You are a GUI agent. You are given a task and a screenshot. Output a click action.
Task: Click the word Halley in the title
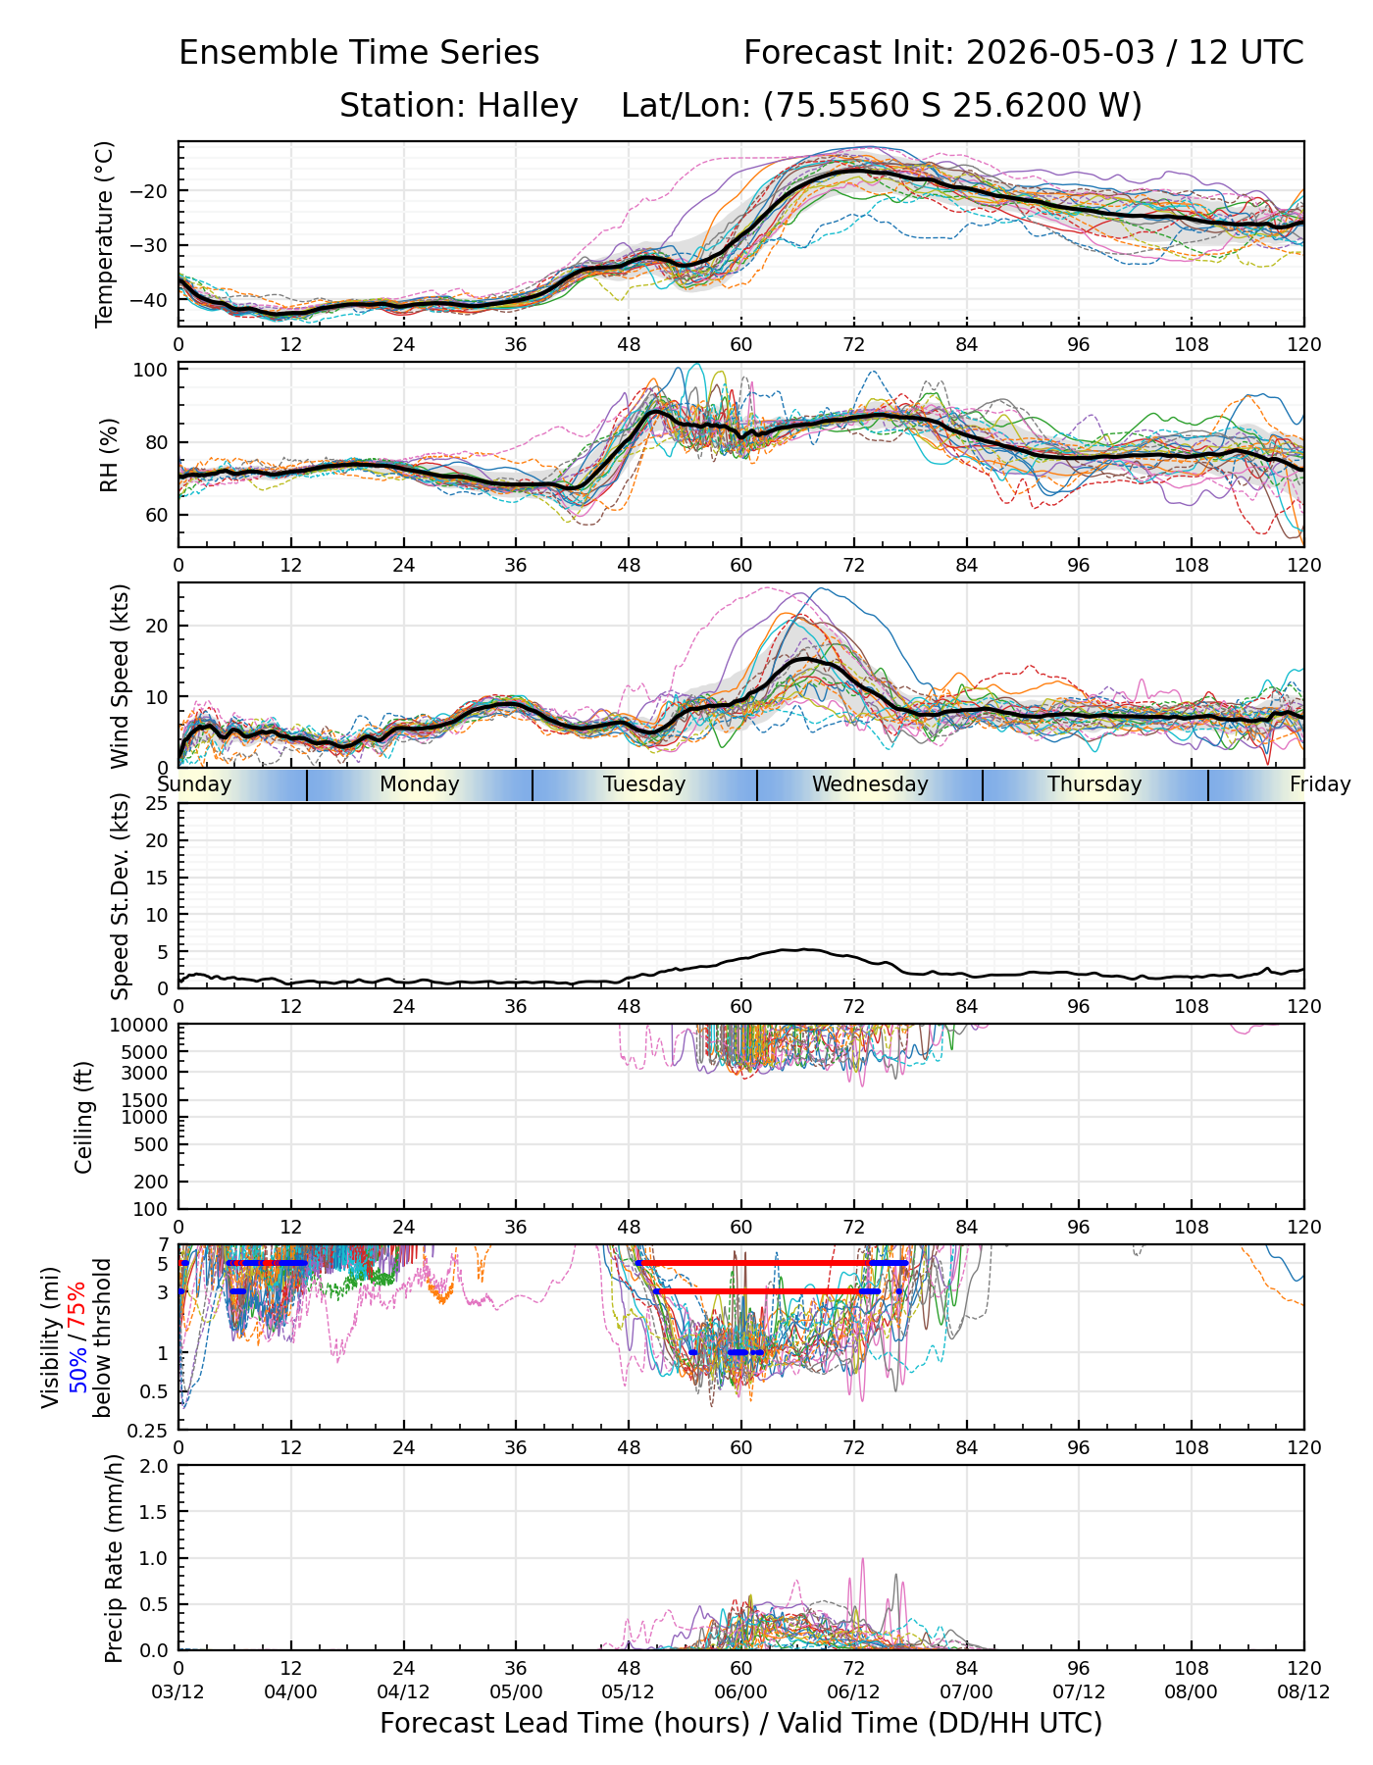point(528,106)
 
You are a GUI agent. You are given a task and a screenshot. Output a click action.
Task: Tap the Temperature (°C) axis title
point(105,233)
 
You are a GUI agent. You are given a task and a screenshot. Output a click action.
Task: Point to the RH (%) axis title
point(109,455)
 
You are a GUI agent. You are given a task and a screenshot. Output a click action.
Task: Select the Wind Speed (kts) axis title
point(120,677)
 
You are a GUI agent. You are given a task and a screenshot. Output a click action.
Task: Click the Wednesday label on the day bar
point(870,784)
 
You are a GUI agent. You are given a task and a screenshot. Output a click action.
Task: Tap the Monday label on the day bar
point(420,784)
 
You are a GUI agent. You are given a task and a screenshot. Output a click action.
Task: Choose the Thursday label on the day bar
point(1094,784)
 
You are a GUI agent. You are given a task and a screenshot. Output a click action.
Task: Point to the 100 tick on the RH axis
point(153,371)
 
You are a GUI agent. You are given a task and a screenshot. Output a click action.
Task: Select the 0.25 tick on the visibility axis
point(152,1430)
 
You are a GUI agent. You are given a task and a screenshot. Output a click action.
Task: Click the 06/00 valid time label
point(740,1691)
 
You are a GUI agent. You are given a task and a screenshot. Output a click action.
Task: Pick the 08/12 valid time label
point(1303,1691)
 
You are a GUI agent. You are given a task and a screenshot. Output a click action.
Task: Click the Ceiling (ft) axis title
point(84,1118)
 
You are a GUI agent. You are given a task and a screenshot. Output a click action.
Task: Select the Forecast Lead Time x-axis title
point(740,1723)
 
